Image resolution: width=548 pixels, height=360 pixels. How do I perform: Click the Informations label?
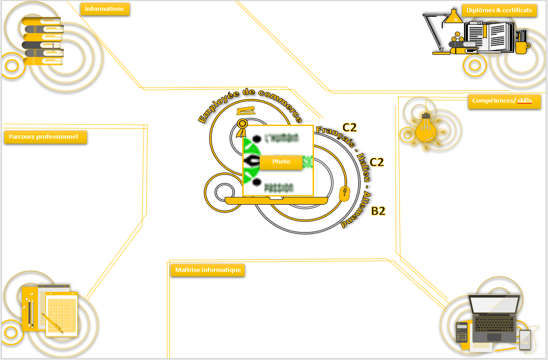point(104,9)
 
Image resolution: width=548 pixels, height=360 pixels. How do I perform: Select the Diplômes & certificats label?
point(499,10)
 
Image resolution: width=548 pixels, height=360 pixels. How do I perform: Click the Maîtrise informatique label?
point(208,270)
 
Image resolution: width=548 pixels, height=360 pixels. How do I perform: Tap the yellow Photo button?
point(281,162)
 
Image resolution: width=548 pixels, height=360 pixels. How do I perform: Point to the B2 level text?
point(378,211)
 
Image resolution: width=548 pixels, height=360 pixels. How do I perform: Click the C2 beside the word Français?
point(349,128)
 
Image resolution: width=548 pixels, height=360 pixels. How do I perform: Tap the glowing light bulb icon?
point(426,129)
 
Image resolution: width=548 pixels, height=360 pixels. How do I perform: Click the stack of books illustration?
point(43,41)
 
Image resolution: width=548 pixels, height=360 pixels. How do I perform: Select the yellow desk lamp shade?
point(454,17)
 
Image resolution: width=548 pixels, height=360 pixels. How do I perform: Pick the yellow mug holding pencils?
point(521,46)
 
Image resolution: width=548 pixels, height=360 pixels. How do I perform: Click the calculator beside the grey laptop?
point(462,332)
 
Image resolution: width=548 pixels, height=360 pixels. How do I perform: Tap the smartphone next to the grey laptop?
point(525,339)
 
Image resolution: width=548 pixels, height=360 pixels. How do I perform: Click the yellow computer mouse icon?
point(344,194)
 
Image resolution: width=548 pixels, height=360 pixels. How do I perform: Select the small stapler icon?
point(246,111)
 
